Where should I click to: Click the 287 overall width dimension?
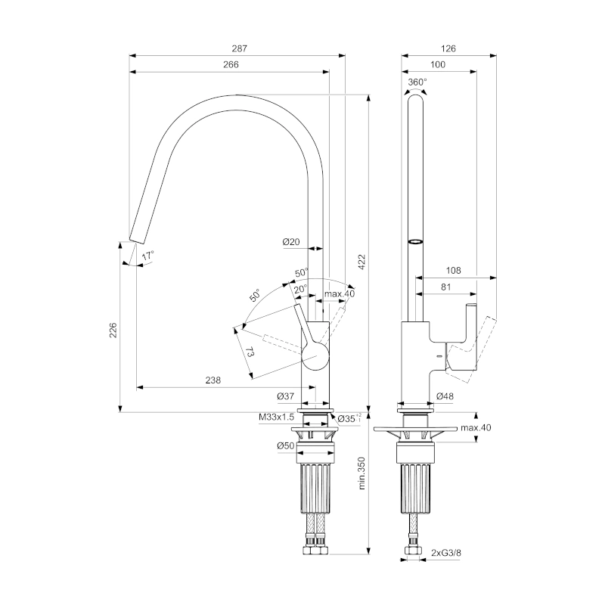(239, 48)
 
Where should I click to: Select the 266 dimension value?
(231, 65)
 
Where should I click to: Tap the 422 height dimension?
(361, 262)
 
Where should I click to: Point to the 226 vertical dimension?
(113, 330)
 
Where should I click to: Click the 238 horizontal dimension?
(213, 381)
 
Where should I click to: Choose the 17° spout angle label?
(147, 256)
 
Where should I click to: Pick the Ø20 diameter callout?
(291, 242)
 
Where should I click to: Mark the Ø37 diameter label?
(285, 396)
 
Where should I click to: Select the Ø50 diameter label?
(285, 446)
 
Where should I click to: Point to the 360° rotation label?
(417, 82)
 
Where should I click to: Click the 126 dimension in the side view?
(448, 48)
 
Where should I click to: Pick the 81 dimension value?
(445, 287)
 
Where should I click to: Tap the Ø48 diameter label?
(445, 396)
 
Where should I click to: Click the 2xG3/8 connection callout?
(447, 553)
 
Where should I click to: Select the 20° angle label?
(300, 289)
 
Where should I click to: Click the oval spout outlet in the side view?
(416, 241)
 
